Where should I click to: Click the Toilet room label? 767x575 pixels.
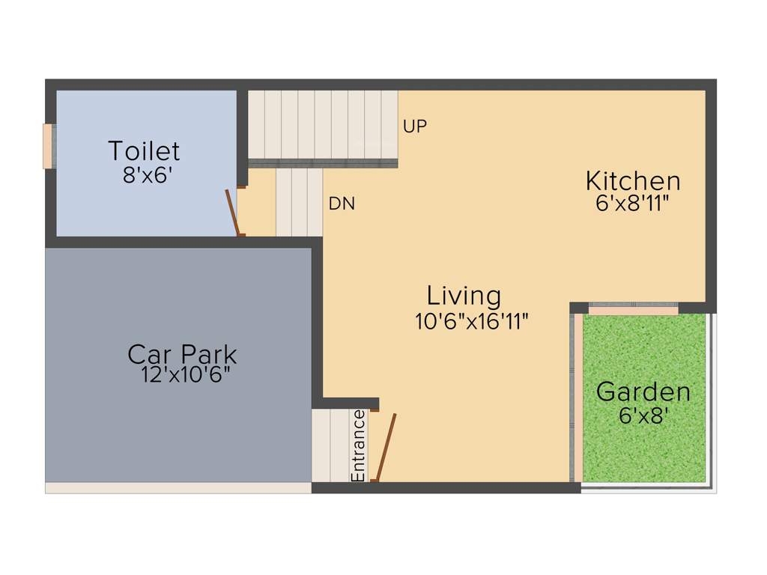pyautogui.click(x=144, y=151)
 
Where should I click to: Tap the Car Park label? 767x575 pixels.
pyautogui.click(x=182, y=353)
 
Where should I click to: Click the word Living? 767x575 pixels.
pyautogui.click(x=464, y=295)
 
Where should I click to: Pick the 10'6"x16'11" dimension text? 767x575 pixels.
pyautogui.click(x=472, y=322)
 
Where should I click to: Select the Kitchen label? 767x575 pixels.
pyautogui.click(x=633, y=181)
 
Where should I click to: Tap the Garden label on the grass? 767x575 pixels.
pyautogui.click(x=643, y=392)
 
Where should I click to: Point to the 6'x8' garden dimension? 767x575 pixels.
pyautogui.click(x=643, y=416)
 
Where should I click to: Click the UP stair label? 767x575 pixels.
pyautogui.click(x=415, y=127)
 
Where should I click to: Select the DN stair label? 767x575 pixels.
pyautogui.click(x=342, y=203)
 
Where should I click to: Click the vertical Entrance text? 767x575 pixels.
pyautogui.click(x=359, y=445)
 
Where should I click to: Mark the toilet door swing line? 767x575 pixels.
pyautogui.click(x=233, y=213)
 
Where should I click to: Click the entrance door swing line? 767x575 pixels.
pyautogui.click(x=386, y=448)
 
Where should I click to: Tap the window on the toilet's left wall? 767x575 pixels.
pyautogui.click(x=48, y=146)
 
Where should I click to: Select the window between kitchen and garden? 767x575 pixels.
pyautogui.click(x=633, y=308)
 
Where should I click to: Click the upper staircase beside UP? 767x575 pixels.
pyautogui.click(x=322, y=125)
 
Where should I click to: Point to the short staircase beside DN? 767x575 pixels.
pyautogui.click(x=299, y=202)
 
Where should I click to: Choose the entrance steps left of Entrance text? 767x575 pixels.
pyautogui.click(x=330, y=445)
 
